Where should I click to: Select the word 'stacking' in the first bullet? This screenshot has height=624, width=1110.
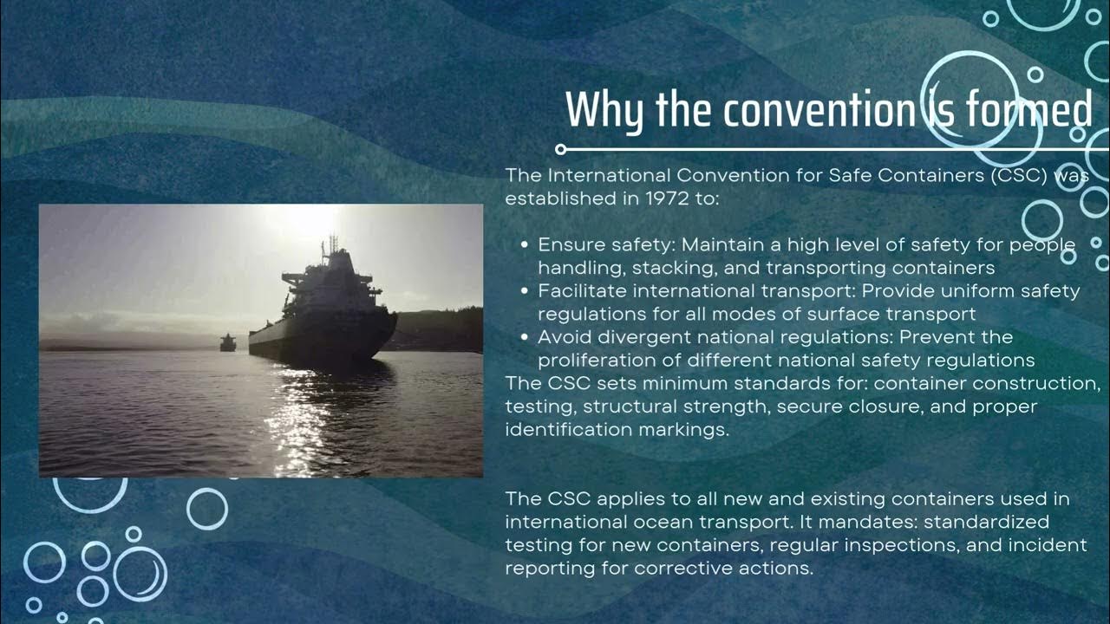tap(658, 268)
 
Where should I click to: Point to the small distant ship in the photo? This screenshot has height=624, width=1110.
tap(227, 342)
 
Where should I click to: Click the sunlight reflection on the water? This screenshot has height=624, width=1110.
tap(299, 416)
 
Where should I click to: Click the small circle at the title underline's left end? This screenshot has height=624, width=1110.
tap(560, 149)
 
